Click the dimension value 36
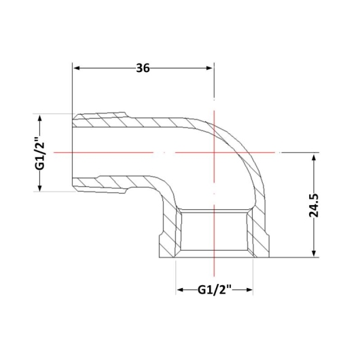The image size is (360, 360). [x=143, y=68]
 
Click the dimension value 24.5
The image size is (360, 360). [x=313, y=206]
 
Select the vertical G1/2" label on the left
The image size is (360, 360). [x=39, y=154]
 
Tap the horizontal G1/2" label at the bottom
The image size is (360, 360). [x=214, y=290]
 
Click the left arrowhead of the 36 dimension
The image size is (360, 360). [x=76, y=68]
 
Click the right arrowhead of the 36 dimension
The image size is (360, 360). [x=210, y=68]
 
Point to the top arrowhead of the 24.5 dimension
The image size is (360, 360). [x=314, y=158]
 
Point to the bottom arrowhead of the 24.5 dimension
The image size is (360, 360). [x=314, y=253]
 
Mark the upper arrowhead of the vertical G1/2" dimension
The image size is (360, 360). [x=40, y=119]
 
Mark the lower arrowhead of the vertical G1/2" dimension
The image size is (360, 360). [x=40, y=187]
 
